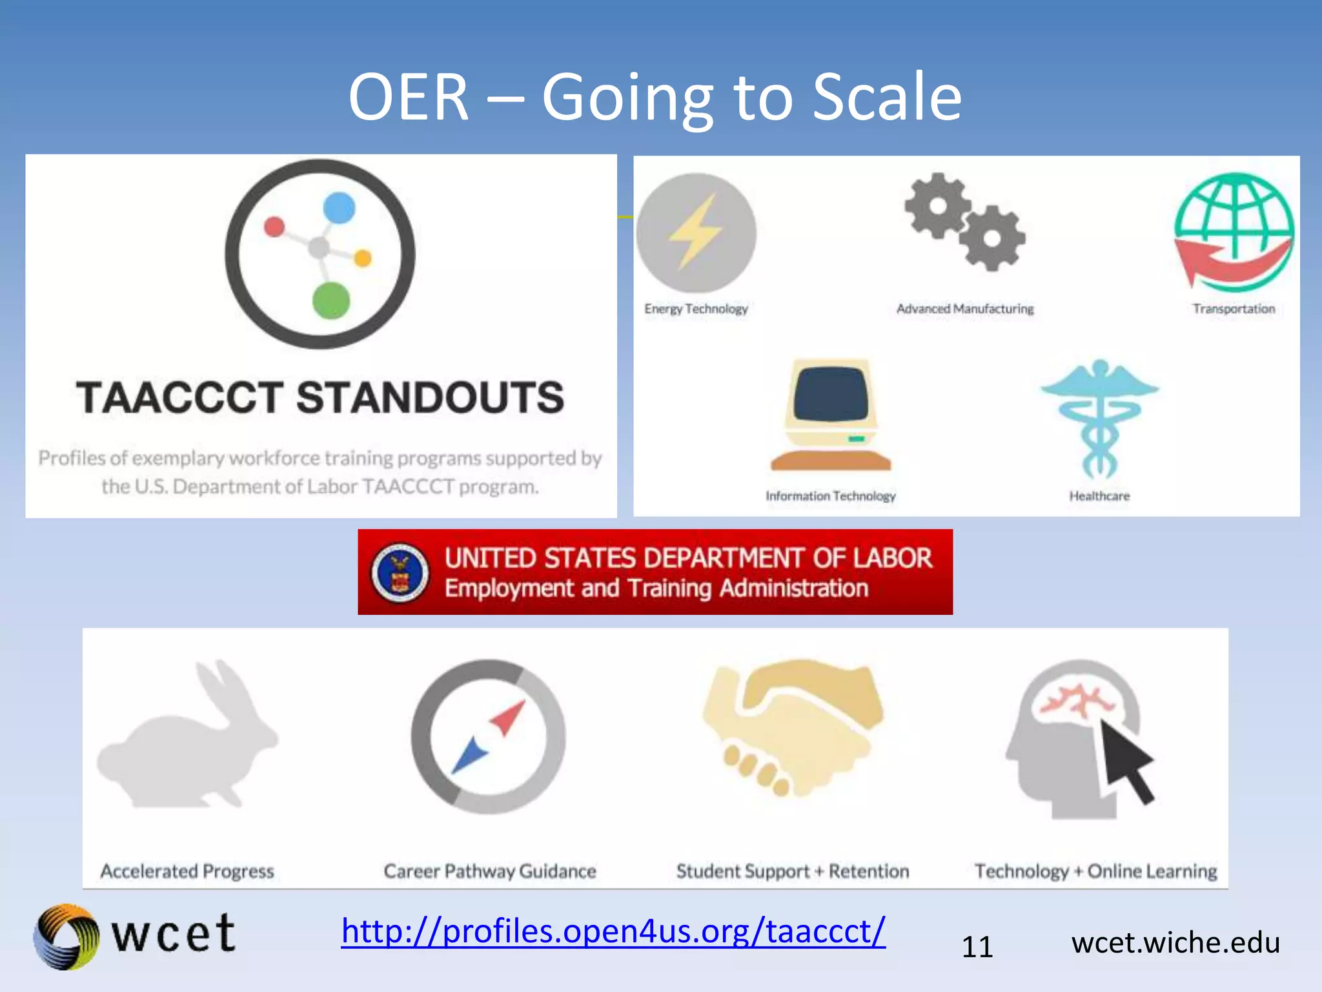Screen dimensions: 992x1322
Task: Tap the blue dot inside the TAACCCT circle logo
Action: tap(340, 208)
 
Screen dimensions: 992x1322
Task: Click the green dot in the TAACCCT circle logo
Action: tap(331, 300)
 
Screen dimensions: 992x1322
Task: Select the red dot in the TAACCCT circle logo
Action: tap(274, 227)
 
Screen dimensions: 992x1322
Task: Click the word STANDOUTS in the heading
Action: tap(430, 397)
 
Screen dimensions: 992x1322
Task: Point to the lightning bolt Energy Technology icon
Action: tap(695, 232)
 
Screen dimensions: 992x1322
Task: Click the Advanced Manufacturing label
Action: tap(964, 309)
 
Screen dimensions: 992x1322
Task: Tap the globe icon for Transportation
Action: tap(1234, 232)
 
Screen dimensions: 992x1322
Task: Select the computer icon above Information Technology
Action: tap(831, 413)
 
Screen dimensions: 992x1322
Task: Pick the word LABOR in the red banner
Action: tap(893, 558)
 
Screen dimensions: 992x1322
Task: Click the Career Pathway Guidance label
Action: tap(489, 871)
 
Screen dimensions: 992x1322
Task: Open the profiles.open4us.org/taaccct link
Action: tap(613, 931)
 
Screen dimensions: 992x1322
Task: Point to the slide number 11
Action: tap(977, 947)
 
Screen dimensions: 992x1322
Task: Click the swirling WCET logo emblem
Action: tap(66, 936)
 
